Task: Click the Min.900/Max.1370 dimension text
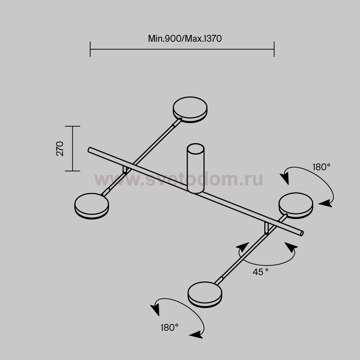click(x=185, y=39)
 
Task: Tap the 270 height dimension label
click(x=60, y=149)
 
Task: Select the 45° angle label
click(x=260, y=272)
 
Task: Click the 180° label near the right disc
click(x=321, y=167)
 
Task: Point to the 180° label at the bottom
click(x=170, y=328)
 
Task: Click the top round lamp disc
click(x=190, y=109)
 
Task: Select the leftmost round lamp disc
click(x=91, y=206)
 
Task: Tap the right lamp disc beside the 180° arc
click(x=296, y=206)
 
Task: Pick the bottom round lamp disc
click(x=205, y=294)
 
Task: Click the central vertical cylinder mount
click(x=195, y=168)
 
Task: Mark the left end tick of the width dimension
click(x=90, y=49)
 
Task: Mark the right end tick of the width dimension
click(x=274, y=49)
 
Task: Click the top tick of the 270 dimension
click(x=73, y=126)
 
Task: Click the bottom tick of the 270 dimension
click(x=73, y=171)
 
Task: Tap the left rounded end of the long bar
click(x=90, y=150)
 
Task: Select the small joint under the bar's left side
click(x=125, y=170)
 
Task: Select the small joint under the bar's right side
click(x=266, y=229)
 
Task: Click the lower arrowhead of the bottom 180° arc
click(x=196, y=335)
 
